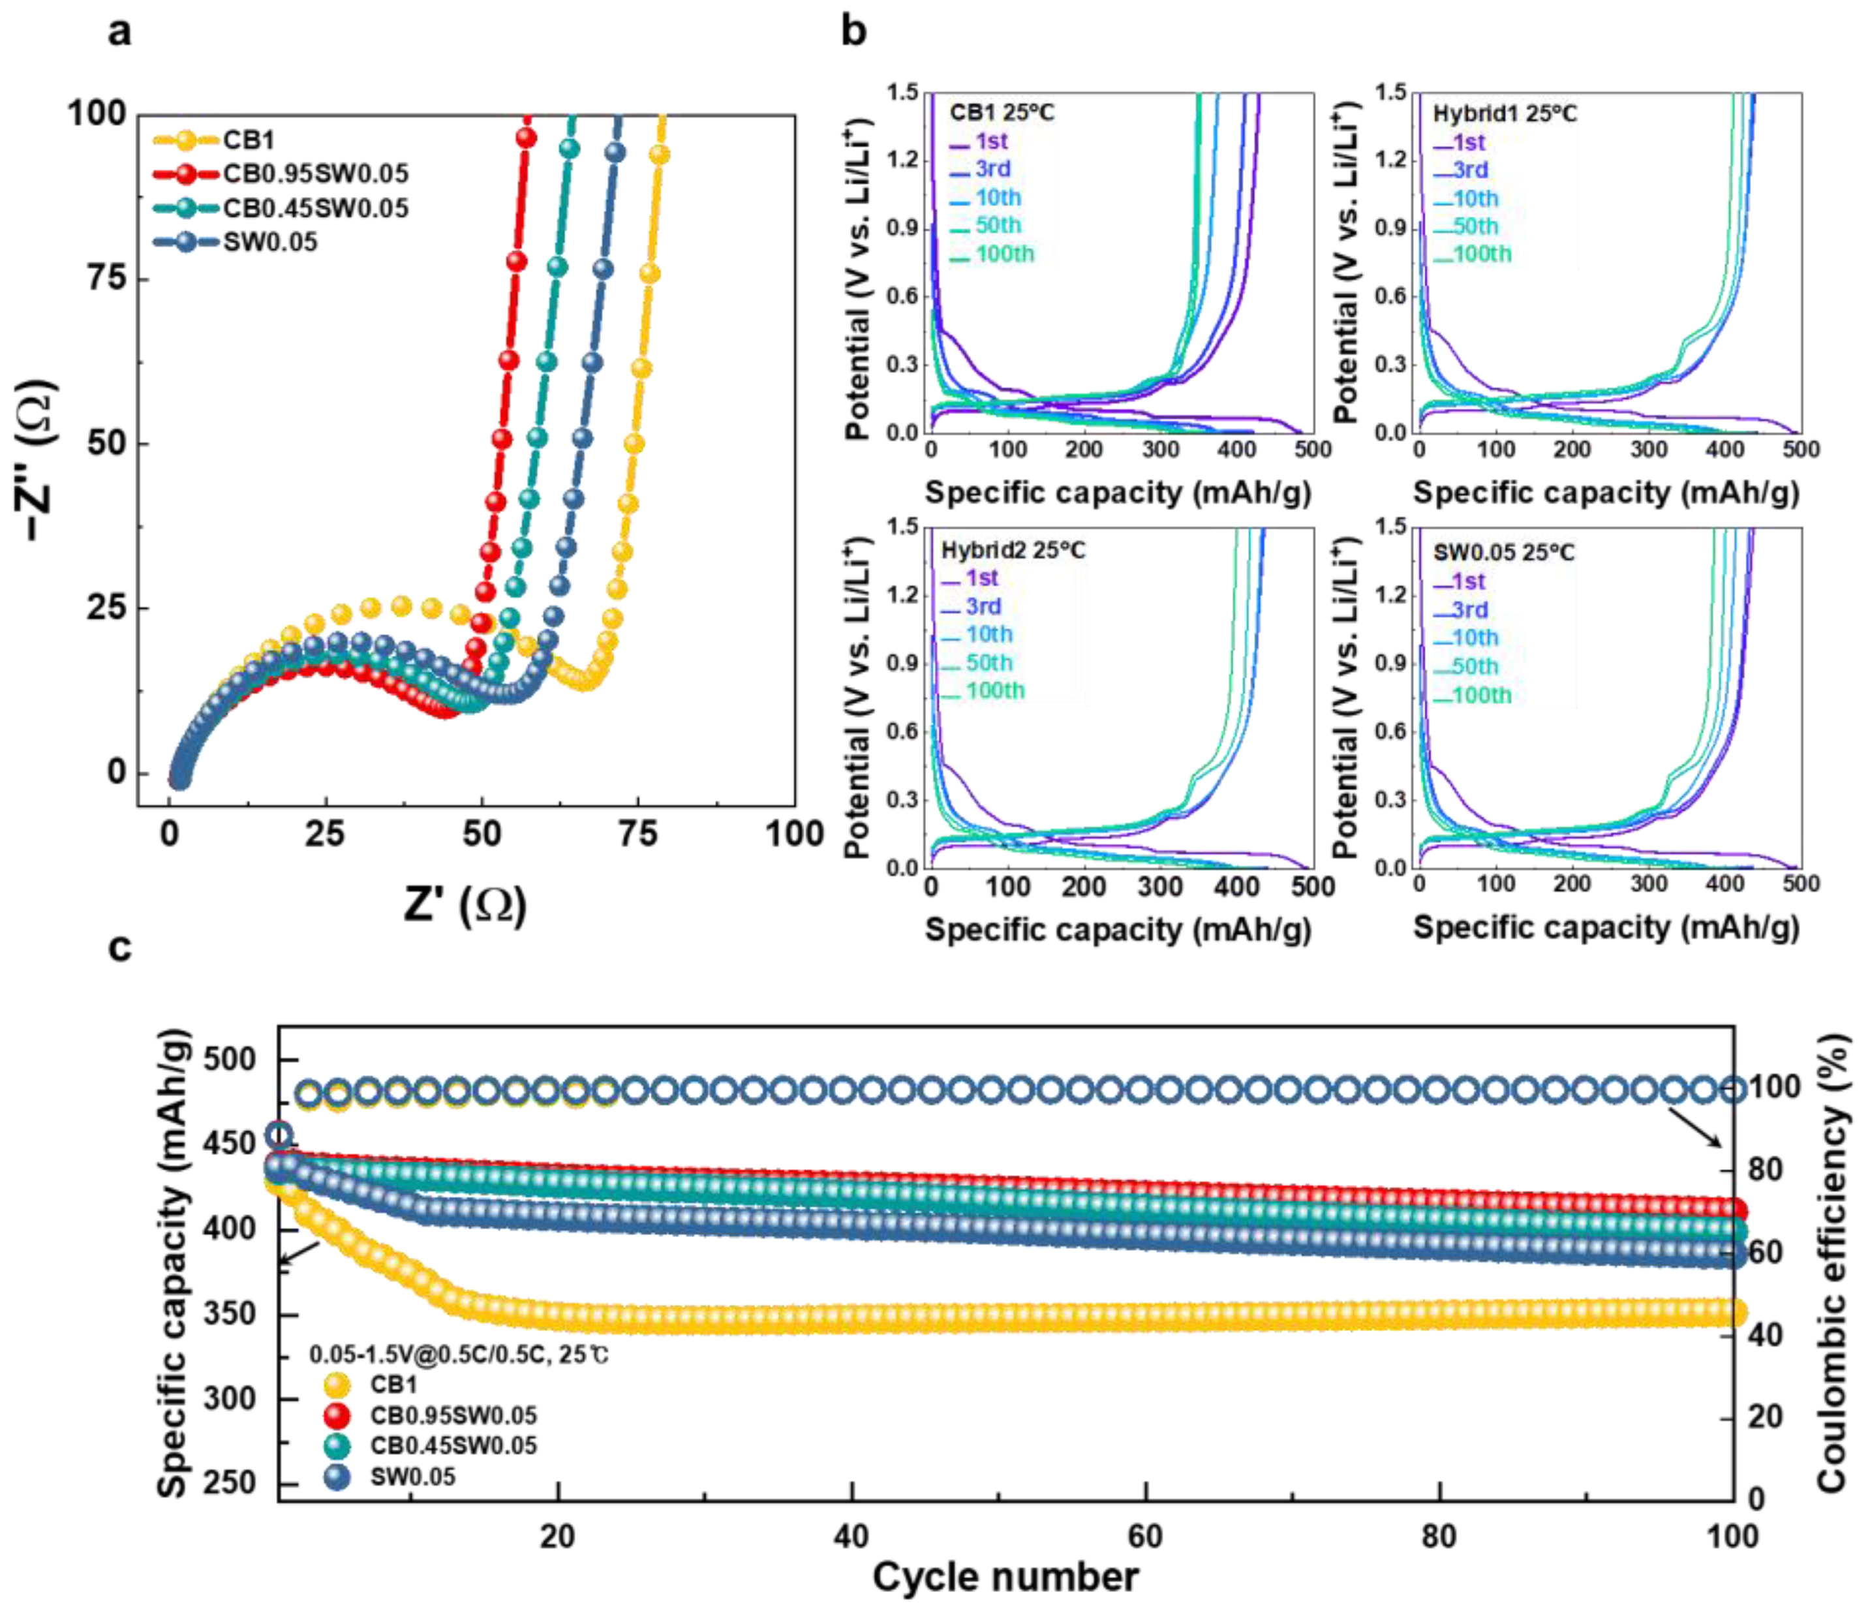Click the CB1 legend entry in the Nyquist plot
pyautogui.click(x=249, y=140)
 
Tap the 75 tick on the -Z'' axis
pyautogui.click(x=106, y=278)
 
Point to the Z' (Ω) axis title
pyautogui.click(x=465, y=904)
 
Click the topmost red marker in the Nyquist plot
pyautogui.click(x=527, y=138)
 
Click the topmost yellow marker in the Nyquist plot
pyautogui.click(x=660, y=155)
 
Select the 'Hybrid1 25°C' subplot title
pyautogui.click(x=1505, y=114)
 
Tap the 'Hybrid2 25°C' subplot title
pyautogui.click(x=1013, y=550)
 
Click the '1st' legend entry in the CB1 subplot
pyautogui.click(x=990, y=142)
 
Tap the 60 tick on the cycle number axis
pyautogui.click(x=1145, y=1535)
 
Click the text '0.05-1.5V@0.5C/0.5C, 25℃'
pyautogui.click(x=459, y=1355)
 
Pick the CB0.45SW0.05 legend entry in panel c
pyautogui.click(x=453, y=1446)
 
